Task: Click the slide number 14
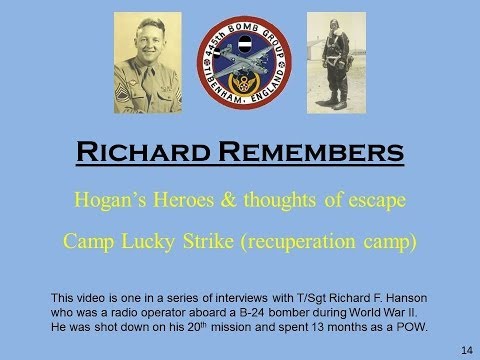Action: click(466, 349)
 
